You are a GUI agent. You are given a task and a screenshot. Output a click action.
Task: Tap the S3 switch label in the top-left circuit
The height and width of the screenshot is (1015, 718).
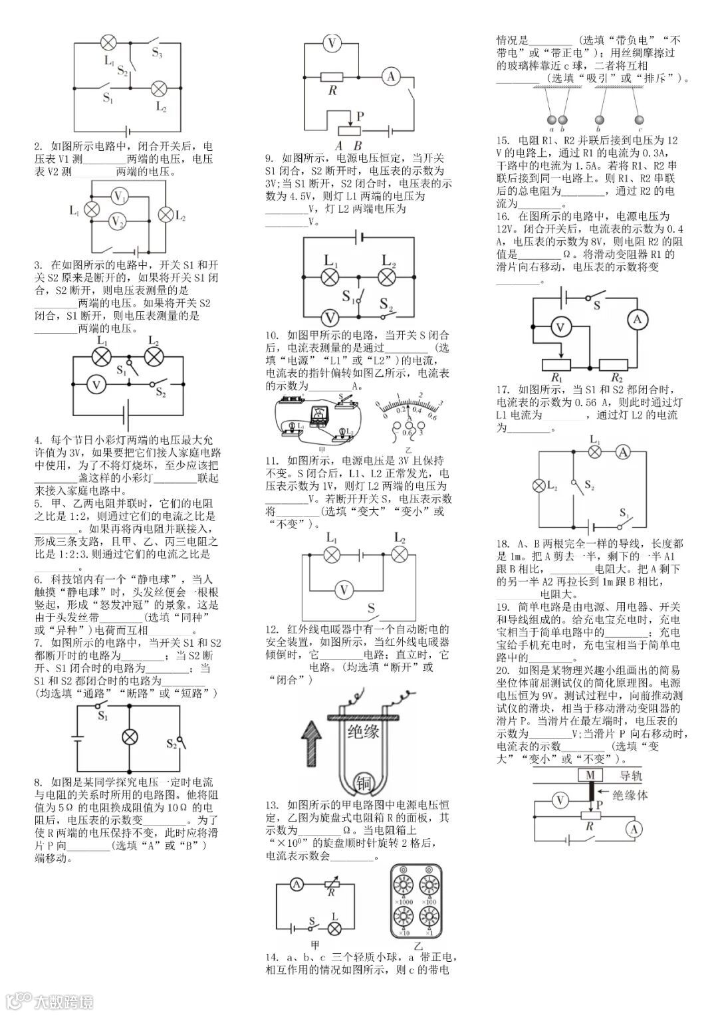158,53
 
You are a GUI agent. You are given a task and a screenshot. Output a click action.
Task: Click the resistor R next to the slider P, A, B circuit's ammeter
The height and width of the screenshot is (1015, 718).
331,78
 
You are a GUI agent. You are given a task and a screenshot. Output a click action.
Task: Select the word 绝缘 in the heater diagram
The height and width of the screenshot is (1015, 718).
363,733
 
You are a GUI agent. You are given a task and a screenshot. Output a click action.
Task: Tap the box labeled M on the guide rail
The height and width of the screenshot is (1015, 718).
590,775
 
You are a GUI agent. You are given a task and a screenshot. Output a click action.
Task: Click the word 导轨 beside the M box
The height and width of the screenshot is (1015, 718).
632,776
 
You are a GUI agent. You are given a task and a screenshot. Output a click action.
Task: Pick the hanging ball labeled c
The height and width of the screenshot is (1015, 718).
640,120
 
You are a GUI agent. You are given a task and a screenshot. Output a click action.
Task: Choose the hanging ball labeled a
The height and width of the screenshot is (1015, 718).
551,120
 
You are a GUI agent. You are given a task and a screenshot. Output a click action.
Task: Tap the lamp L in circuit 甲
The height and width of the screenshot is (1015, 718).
336,927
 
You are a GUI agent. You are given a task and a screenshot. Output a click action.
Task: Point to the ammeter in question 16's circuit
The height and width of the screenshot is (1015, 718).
637,320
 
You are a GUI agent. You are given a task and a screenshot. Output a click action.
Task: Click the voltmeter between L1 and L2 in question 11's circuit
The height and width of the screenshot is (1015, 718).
344,589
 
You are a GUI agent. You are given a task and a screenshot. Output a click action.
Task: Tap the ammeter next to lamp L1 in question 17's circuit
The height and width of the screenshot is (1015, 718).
622,452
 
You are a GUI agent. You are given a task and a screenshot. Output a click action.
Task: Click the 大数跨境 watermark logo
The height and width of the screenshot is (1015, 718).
50,1000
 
